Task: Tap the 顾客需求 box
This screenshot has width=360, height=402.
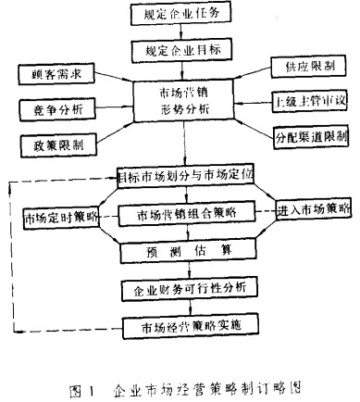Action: point(50,71)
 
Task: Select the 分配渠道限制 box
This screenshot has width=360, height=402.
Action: point(311,135)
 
